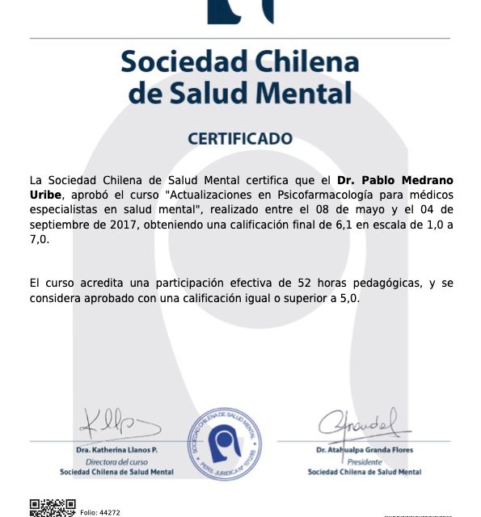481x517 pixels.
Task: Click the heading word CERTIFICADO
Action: (x=240, y=139)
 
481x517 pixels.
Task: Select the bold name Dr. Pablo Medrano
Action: (x=395, y=179)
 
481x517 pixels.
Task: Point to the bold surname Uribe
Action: (x=47, y=195)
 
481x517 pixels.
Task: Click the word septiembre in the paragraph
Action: (x=59, y=225)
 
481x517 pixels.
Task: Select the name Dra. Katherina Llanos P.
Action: (x=116, y=449)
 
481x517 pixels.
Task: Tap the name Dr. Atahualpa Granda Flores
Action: (x=365, y=449)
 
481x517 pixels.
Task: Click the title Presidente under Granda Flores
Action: (x=365, y=460)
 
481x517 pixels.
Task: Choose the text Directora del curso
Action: (x=116, y=460)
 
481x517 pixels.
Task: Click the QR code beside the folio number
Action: (x=53, y=507)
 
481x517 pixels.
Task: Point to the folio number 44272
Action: (x=100, y=512)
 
